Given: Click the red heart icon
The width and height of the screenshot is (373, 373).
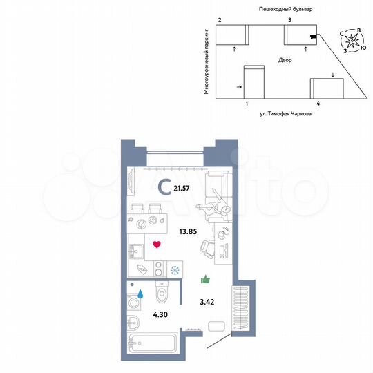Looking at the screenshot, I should point(157,244).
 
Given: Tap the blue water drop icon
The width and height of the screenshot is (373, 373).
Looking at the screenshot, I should point(141,294).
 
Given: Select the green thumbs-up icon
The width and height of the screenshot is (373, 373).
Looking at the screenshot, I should point(204,279).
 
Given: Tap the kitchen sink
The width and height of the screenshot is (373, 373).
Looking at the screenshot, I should point(135,249).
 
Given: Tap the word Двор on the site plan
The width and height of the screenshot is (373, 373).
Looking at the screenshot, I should point(285,61).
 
